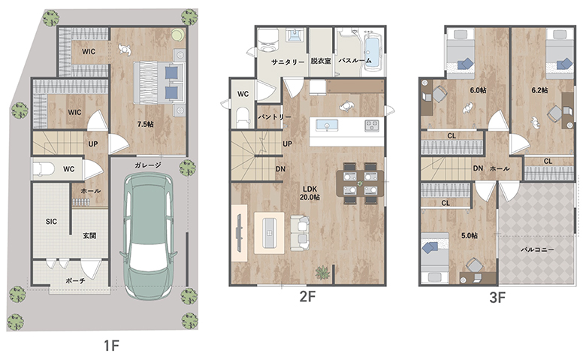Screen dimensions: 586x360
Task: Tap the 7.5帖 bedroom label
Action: [146, 124]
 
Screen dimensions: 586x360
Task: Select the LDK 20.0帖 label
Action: [310, 193]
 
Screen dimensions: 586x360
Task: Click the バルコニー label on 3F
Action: [537, 250]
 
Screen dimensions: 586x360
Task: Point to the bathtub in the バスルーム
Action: [373, 52]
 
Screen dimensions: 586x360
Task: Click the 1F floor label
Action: [111, 346]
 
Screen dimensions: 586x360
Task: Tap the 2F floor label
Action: [307, 297]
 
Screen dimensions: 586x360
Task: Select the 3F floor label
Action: [497, 298]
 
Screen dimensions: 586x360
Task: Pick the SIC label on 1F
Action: [52, 221]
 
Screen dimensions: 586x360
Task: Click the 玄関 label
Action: [89, 235]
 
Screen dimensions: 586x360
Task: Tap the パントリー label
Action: [274, 117]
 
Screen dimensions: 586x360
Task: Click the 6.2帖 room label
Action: [539, 90]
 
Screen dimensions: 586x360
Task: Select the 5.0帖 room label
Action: [469, 235]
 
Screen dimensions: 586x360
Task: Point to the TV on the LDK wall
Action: [239, 231]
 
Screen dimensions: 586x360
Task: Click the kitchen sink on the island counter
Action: [327, 125]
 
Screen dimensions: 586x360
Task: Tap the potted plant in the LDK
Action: [322, 273]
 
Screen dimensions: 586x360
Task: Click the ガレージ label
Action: [148, 165]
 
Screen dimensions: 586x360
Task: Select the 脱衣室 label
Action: [321, 61]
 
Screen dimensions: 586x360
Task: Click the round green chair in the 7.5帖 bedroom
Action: [177, 35]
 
